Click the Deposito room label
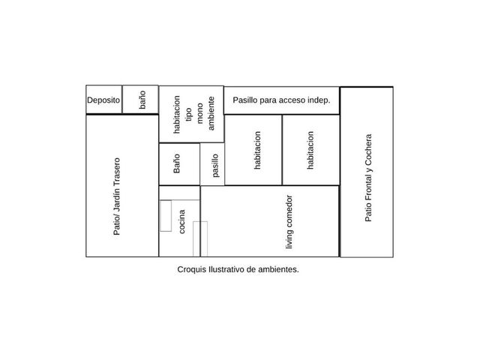[103, 100]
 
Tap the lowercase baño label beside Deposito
[142, 100]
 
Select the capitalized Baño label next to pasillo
[177, 163]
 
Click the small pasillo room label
[215, 165]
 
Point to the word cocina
[181, 222]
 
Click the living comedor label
[289, 222]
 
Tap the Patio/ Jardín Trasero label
[117, 196]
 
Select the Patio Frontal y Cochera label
[368, 178]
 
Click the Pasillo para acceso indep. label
[282, 100]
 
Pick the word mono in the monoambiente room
[200, 113]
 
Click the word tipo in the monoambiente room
[188, 114]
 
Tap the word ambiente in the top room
[211, 113]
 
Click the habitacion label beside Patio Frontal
[310, 150]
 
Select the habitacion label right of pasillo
[257, 150]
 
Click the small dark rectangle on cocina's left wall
[166, 216]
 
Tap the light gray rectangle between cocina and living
[200, 238]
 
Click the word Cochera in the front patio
[368, 150]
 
